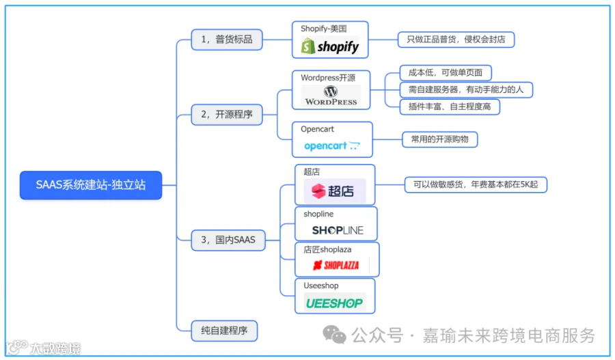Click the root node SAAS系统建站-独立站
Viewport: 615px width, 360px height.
(x=91, y=185)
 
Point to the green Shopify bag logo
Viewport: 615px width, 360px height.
(x=308, y=46)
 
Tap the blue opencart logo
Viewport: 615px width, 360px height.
(x=331, y=146)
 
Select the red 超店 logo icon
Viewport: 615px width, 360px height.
(x=318, y=191)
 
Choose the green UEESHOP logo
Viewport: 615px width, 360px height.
(x=334, y=303)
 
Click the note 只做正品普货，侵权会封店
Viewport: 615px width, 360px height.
(x=456, y=40)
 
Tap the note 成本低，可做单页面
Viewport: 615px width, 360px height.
(x=446, y=72)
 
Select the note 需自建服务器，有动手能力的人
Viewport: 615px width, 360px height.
(x=466, y=89)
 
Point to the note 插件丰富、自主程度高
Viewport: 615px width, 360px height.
(x=450, y=107)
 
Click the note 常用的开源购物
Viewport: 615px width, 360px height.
(x=439, y=139)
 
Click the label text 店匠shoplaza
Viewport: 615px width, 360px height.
(x=327, y=249)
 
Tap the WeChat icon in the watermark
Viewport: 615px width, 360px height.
(x=334, y=334)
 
